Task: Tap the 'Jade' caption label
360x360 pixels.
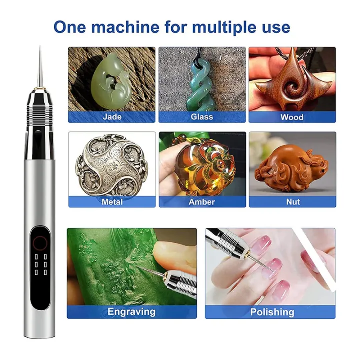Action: pyautogui.click(x=112, y=117)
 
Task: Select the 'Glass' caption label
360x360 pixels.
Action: pyautogui.click(x=202, y=117)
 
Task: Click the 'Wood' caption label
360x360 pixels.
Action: pyautogui.click(x=292, y=117)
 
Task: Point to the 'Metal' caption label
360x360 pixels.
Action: pyautogui.click(x=112, y=202)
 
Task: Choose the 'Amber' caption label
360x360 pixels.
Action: pyautogui.click(x=202, y=202)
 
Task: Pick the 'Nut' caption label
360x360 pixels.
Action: pyautogui.click(x=292, y=202)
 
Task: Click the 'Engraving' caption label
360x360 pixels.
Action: pyautogui.click(x=131, y=312)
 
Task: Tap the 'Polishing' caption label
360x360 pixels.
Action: pyautogui.click(x=272, y=312)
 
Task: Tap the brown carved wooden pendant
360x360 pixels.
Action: pyautogui.click(x=292, y=82)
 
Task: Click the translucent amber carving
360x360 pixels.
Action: pyautogui.click(x=205, y=165)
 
